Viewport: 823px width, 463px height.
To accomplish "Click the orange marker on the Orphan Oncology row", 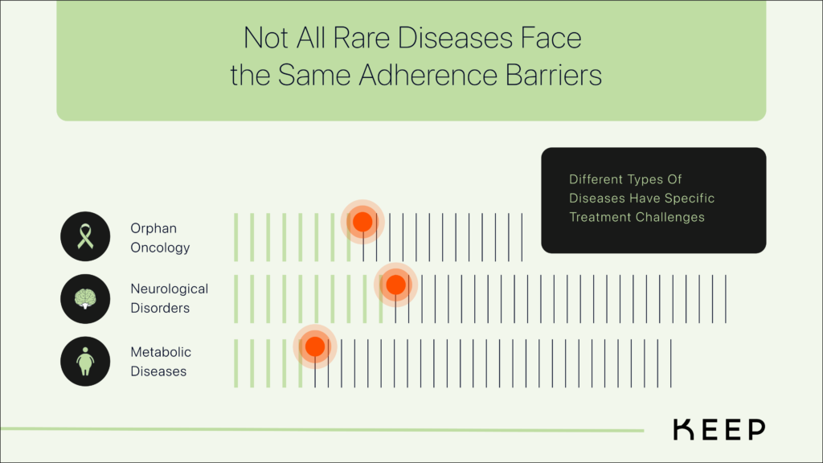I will tap(362, 221).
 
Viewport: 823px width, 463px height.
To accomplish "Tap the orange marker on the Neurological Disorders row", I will tap(395, 285).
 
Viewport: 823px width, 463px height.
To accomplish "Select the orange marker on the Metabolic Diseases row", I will tap(314, 346).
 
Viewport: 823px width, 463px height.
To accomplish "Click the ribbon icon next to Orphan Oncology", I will tap(85, 236).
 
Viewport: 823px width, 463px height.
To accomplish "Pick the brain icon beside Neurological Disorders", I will tap(85, 298).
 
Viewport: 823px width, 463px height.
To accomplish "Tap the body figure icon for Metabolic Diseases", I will tap(85, 361).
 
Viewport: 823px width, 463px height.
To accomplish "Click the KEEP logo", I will tap(719, 430).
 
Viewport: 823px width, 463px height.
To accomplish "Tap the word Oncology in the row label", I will tap(160, 248).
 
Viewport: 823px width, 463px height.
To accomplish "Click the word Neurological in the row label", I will tap(169, 289).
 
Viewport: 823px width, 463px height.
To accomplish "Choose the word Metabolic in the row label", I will tap(161, 352).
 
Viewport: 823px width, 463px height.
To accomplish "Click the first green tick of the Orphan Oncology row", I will tap(236, 237).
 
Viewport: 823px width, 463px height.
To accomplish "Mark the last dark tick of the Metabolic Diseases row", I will tap(670, 363).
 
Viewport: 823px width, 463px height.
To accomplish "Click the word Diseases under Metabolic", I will tap(158, 371).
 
